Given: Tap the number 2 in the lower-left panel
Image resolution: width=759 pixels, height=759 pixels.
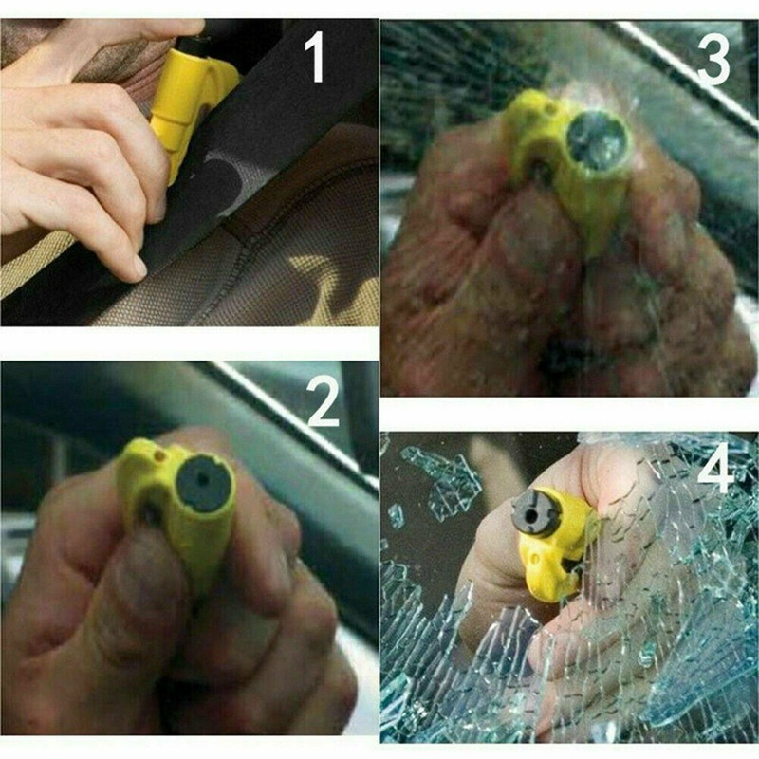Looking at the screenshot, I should coord(324,404).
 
